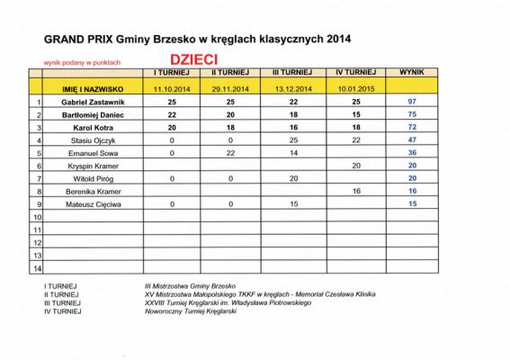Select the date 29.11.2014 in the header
[230, 90]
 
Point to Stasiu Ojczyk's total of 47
[412, 141]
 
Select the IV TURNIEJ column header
[354, 71]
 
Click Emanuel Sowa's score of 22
[230, 154]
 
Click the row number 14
[37, 268]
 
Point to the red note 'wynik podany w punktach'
[83, 63]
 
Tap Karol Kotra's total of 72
[412, 129]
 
